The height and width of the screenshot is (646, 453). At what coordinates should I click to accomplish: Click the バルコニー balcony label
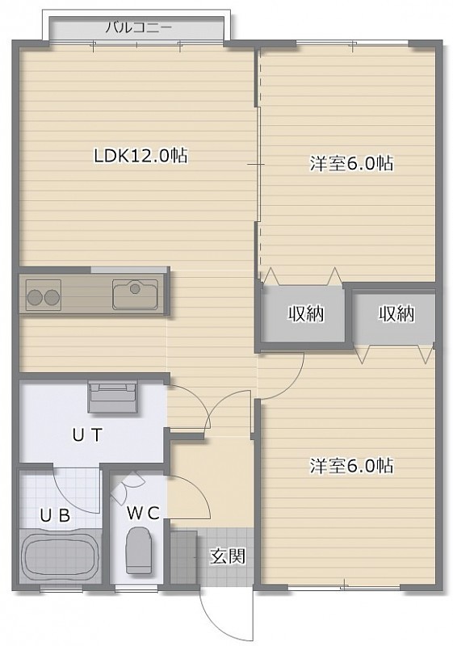click(x=138, y=28)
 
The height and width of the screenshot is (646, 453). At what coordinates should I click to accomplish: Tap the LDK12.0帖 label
click(x=141, y=156)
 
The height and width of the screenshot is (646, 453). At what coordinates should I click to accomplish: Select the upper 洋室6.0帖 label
click(x=351, y=164)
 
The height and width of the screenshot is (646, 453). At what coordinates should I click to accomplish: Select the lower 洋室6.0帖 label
click(x=351, y=466)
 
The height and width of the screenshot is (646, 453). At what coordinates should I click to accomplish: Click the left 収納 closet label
click(x=305, y=314)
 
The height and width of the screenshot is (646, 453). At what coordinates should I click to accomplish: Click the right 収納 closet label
click(x=396, y=314)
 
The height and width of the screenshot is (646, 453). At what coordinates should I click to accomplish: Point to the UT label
click(x=87, y=435)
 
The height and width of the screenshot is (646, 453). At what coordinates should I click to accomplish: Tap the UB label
click(x=55, y=515)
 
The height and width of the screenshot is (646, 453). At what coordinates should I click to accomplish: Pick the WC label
click(x=143, y=514)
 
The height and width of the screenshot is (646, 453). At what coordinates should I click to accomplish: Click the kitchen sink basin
click(x=136, y=294)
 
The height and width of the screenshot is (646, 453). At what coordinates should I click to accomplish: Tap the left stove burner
click(x=34, y=296)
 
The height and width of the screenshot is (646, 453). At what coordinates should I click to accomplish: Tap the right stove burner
click(x=52, y=296)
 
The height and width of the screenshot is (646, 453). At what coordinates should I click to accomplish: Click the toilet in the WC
click(x=137, y=552)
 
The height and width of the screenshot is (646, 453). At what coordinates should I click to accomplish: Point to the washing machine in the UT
click(x=112, y=397)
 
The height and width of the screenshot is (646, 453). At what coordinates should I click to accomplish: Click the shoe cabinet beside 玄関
click(x=184, y=557)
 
